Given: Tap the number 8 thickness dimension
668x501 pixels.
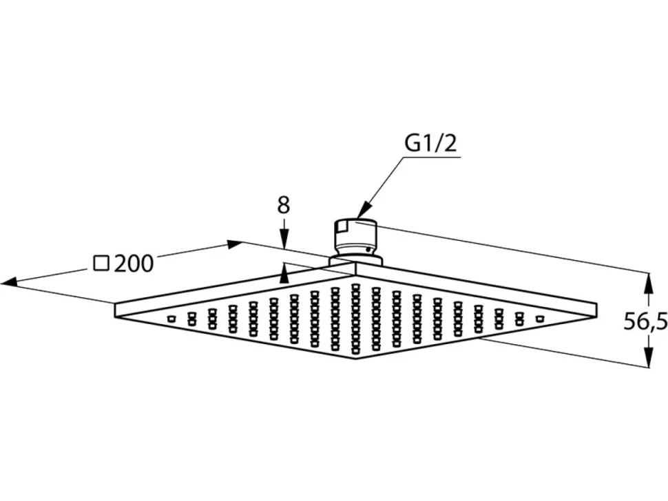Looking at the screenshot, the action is tap(283, 205).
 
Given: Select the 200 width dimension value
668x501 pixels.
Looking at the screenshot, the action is tap(134, 264).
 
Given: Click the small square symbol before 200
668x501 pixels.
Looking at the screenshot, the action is tap(101, 264).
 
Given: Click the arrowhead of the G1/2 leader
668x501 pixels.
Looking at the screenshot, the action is tap(360, 213).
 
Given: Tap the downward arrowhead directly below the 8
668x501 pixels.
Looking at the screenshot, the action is tap(284, 239).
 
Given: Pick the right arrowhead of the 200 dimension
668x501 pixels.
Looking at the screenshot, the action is tap(235, 244).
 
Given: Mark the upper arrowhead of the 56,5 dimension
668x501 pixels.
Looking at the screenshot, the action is tap(648, 282).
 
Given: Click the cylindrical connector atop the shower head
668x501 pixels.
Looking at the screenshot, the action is tap(356, 240).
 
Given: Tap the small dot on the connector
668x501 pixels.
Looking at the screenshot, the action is tap(366, 250).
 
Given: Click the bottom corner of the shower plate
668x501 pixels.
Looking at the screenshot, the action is tap(356, 359).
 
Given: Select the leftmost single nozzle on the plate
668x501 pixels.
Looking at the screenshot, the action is tap(171, 319).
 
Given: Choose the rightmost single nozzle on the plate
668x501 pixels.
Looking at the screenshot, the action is tap(540, 319).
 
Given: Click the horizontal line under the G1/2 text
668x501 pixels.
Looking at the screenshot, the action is tap(430, 158).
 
